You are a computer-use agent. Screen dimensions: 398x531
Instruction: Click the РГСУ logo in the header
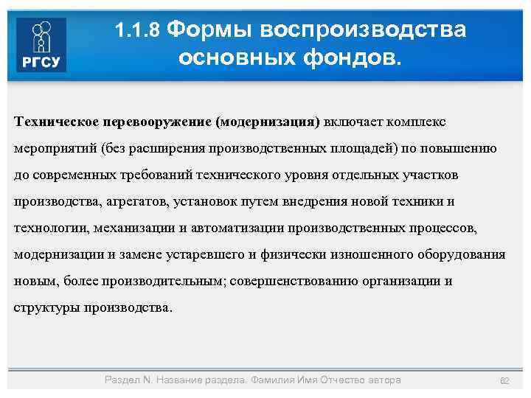click(x=41, y=45)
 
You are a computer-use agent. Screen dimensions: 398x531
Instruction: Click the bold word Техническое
click(x=56, y=120)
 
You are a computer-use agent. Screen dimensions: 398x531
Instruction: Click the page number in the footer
click(x=504, y=380)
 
